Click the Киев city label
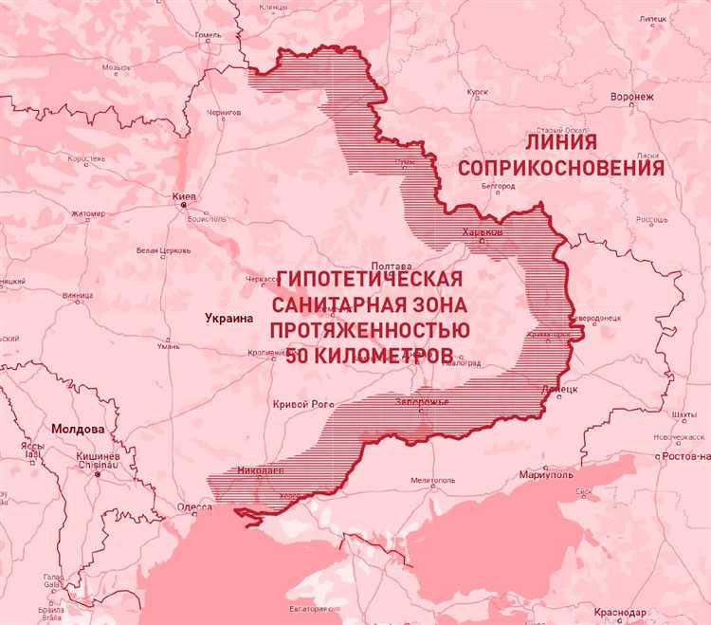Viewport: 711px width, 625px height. [184, 197]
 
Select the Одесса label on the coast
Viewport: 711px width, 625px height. [194, 507]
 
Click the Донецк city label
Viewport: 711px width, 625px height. [557, 389]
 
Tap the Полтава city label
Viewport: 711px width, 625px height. [392, 267]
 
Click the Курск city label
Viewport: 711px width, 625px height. [478, 92]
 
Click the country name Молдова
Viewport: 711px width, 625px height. [79, 429]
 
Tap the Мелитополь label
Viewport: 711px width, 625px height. [434, 481]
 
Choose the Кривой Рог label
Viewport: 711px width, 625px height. [303, 404]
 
